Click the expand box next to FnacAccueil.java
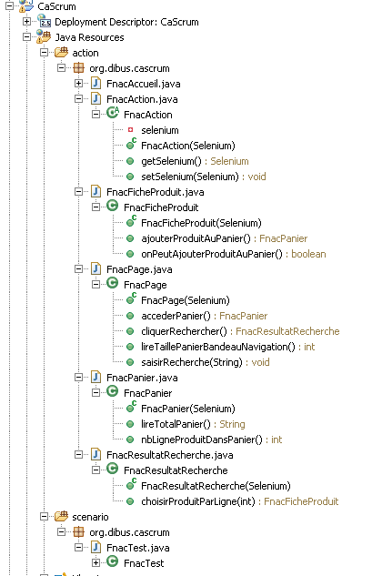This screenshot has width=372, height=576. click(78, 84)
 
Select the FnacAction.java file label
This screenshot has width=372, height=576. click(142, 99)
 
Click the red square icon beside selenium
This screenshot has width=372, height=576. click(130, 130)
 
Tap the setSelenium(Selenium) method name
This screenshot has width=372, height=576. click(190, 177)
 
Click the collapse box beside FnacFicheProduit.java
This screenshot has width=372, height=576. click(78, 191)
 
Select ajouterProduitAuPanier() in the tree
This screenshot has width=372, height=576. click(196, 238)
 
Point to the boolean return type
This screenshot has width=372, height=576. click(308, 254)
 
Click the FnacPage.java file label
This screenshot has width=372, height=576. click(139, 269)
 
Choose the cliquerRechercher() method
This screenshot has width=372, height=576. click(184, 331)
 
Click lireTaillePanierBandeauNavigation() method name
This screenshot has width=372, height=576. click(218, 347)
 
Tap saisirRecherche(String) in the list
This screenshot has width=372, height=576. click(192, 362)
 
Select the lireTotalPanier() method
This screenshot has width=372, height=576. click(176, 424)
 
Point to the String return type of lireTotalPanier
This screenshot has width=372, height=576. click(232, 424)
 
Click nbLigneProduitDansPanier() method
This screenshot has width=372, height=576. click(202, 440)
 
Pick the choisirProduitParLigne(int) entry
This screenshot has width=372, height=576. click(198, 501)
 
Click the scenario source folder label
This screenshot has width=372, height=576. click(90, 517)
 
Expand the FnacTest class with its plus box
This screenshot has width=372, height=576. click(96, 562)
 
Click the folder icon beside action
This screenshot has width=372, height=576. click(61, 53)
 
